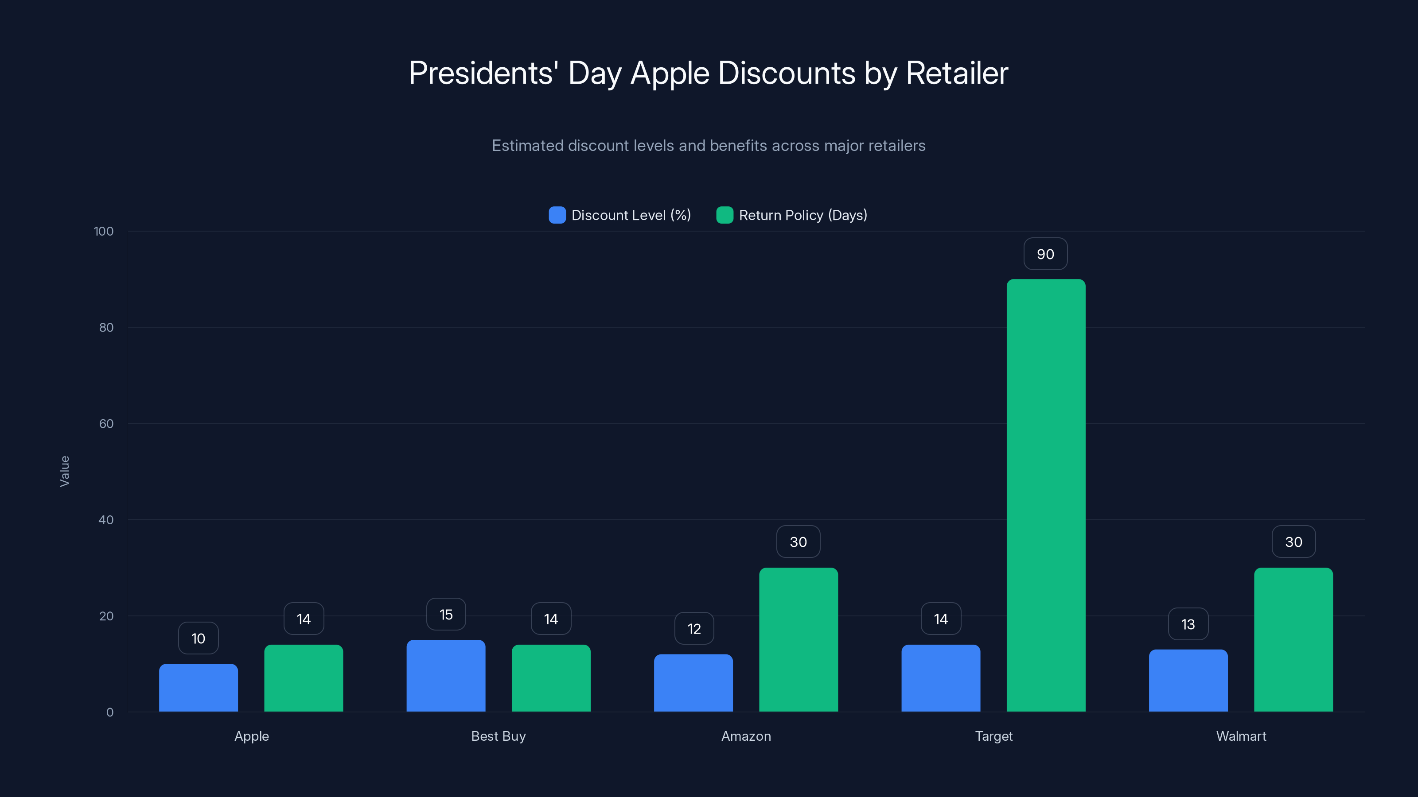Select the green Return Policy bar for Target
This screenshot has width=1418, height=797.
pyautogui.click(x=1046, y=495)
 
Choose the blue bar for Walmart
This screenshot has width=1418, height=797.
pyautogui.click(x=1188, y=681)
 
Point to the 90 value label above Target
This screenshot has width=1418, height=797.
pyautogui.click(x=1045, y=254)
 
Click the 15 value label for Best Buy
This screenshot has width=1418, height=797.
pyautogui.click(x=446, y=615)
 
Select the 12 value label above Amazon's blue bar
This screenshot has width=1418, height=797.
pyautogui.click(x=694, y=629)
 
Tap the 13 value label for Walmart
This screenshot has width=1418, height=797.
pyautogui.click(x=1188, y=624)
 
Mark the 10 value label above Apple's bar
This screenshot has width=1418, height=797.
pyautogui.click(x=198, y=638)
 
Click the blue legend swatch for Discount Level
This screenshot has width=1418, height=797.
pyautogui.click(x=557, y=215)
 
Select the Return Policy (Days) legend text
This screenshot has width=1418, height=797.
pyautogui.click(x=802, y=215)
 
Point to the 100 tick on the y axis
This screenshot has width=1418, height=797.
pyautogui.click(x=104, y=231)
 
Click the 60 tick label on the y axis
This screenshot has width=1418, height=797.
pyautogui.click(x=106, y=424)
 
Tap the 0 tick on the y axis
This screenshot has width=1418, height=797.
pyautogui.click(x=109, y=712)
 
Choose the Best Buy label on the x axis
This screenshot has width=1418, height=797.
pyautogui.click(x=498, y=736)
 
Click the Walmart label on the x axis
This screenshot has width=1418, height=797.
pyautogui.click(x=1241, y=736)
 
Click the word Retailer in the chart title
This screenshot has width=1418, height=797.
pyautogui.click(x=957, y=73)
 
